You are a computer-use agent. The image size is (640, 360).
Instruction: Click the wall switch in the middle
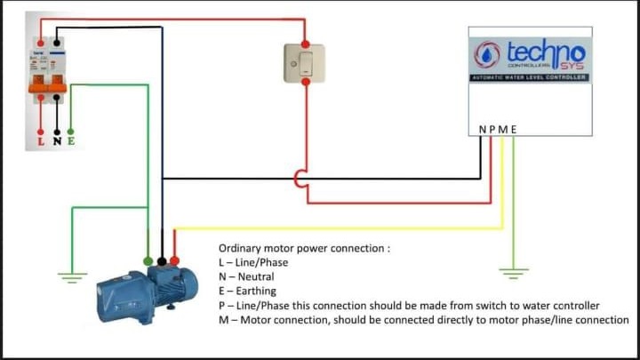pyautogui.click(x=305, y=62)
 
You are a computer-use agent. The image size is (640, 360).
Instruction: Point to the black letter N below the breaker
pyautogui.click(x=57, y=141)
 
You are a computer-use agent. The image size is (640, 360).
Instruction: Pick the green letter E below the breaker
pyautogui.click(x=71, y=141)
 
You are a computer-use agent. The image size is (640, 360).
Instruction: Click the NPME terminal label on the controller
pyautogui.click(x=498, y=130)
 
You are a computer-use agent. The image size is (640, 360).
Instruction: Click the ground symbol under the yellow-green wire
pyautogui.click(x=513, y=271)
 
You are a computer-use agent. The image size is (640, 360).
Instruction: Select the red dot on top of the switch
pyautogui.click(x=305, y=43)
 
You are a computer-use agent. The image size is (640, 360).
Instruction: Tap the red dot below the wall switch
pyautogui.click(x=306, y=82)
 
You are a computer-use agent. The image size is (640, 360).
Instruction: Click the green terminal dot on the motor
pyautogui.click(x=148, y=261)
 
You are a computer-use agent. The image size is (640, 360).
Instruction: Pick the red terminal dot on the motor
pyautogui.click(x=174, y=261)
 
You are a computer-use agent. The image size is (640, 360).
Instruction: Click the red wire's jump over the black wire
pyautogui.click(x=300, y=178)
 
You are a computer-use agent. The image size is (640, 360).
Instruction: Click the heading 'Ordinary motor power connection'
pyautogui.click(x=304, y=248)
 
